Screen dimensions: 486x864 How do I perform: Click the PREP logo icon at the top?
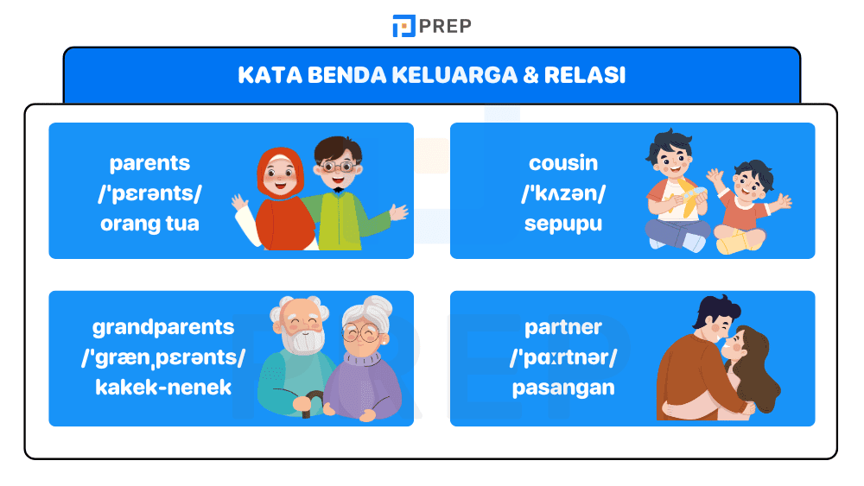(403, 26)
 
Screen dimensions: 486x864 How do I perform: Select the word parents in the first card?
(149, 163)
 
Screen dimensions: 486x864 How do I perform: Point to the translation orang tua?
(149, 224)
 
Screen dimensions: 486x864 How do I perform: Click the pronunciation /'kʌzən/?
(563, 193)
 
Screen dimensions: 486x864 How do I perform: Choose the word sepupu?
(563, 224)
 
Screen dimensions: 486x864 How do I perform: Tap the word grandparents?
(163, 327)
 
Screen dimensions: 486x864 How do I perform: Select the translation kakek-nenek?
(163, 387)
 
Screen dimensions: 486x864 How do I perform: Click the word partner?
(563, 327)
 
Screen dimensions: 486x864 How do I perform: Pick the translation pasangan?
(563, 387)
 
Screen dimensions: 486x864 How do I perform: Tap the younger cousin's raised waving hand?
(781, 203)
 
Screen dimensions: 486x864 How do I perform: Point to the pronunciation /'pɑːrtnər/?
(563, 357)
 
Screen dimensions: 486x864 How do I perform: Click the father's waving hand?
(397, 212)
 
